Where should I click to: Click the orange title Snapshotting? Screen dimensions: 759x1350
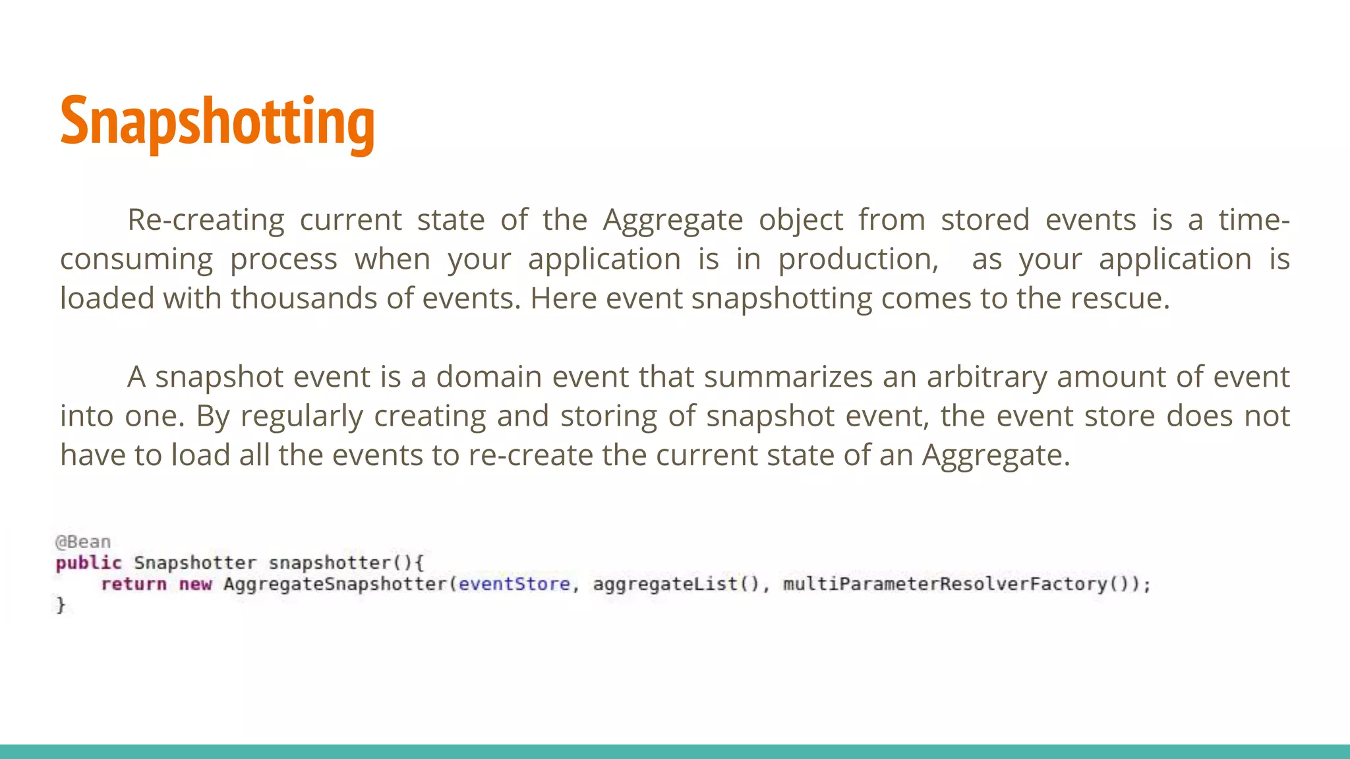pyautogui.click(x=217, y=122)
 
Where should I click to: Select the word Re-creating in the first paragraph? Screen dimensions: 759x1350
pyautogui.click(x=205, y=220)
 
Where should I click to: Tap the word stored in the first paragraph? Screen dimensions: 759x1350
pyautogui.click(x=984, y=220)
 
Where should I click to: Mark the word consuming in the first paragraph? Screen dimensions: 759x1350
pyautogui.click(x=136, y=260)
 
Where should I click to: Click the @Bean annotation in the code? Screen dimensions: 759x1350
pyautogui.click(x=83, y=542)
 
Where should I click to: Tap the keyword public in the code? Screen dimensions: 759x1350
pyautogui.click(x=88, y=563)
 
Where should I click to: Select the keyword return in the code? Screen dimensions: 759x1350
pyautogui.click(x=133, y=584)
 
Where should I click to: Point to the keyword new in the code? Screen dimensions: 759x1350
pyautogui.click(x=195, y=584)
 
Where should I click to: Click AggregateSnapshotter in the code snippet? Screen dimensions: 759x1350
pyautogui.click(x=335, y=584)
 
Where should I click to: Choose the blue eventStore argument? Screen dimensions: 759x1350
pyautogui.click(x=514, y=584)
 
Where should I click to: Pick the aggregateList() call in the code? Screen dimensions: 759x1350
pyautogui.click(x=676, y=584)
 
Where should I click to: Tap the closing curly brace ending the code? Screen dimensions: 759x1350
pyautogui.click(x=61, y=605)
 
